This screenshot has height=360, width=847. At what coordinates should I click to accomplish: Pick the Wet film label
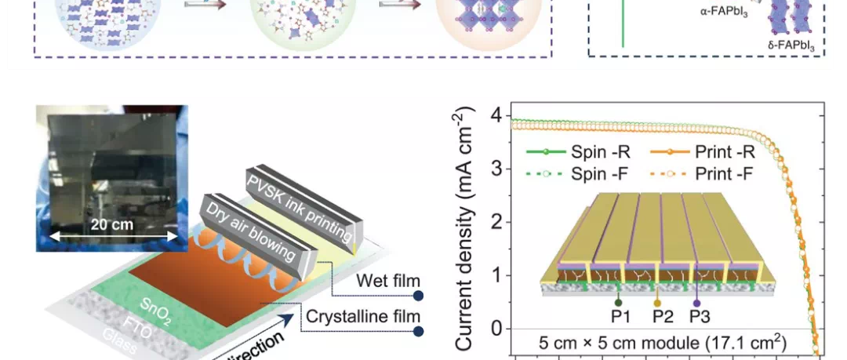click(387, 281)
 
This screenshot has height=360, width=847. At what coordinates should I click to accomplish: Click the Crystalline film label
click(363, 317)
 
